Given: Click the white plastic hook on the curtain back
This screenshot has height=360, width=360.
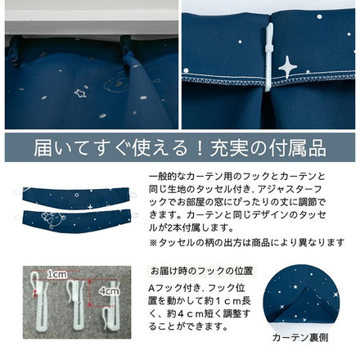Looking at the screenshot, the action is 268,57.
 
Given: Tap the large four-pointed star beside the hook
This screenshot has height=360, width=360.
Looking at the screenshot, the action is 288,66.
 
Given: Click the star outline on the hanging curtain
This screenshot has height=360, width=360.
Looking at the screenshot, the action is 80,93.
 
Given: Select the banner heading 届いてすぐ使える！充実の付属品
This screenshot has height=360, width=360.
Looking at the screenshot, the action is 180,148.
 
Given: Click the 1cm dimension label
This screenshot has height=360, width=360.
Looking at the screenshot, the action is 56,275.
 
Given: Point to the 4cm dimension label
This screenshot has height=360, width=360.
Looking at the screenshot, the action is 109,291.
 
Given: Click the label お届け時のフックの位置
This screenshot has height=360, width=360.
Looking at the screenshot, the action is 202,271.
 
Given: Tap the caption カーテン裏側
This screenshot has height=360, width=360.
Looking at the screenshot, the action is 300,338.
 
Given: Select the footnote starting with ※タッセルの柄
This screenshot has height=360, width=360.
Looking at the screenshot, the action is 246,242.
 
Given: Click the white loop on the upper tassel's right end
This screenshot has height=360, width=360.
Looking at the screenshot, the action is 133,195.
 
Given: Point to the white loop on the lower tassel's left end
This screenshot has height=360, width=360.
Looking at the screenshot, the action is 19,218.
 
